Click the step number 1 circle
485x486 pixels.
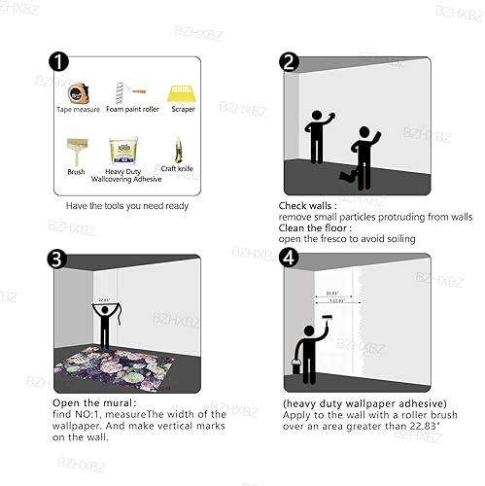click(x=59, y=63)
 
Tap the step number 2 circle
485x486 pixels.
click(x=289, y=63)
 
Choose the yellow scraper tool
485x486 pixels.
click(x=183, y=92)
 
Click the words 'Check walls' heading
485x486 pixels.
click(x=307, y=206)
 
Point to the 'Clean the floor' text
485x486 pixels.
click(x=316, y=228)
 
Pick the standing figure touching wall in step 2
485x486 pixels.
click(x=317, y=136)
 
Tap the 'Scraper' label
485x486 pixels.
click(x=183, y=110)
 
